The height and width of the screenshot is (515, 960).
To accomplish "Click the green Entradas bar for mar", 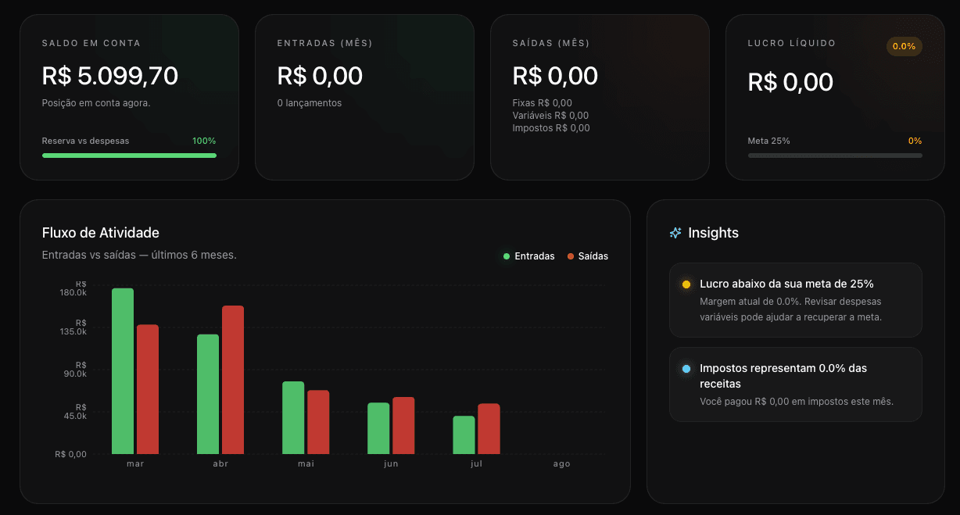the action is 123,371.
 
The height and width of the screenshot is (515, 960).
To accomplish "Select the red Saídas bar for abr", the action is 233,380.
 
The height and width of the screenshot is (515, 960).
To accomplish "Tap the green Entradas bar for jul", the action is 464,435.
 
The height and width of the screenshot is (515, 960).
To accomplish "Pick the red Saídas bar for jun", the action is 403,425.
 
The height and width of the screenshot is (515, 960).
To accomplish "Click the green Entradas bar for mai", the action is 293,418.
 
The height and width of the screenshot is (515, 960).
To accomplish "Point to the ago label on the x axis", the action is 561,463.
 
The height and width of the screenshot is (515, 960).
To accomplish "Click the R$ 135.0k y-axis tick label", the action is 73,327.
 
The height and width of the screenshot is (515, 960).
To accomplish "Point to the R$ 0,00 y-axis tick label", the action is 70,454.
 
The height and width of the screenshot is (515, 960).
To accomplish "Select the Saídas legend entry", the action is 588,256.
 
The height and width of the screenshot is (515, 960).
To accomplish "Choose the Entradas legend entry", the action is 528,256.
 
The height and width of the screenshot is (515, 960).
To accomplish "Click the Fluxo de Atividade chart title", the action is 101,233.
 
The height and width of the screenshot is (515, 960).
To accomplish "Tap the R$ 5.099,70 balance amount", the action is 109,76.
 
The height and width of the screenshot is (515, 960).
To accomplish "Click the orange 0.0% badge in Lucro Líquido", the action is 904,46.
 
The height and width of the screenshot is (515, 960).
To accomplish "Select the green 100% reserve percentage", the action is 204,141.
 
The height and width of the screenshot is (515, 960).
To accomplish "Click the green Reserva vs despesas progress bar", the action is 129,156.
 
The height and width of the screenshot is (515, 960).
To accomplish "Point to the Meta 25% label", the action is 768,141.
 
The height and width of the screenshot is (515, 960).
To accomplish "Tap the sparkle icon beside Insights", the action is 675,233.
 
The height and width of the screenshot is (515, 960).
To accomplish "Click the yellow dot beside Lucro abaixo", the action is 686,284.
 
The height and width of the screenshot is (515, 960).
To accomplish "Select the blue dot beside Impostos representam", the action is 686,368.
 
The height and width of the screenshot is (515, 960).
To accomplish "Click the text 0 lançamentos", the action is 310,103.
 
